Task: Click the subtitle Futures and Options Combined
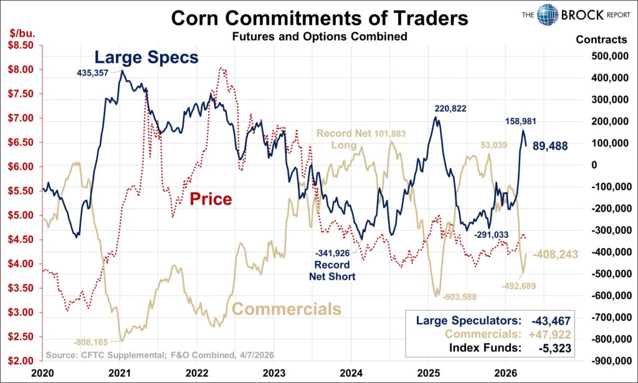[x=319, y=37]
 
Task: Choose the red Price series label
[x=211, y=199]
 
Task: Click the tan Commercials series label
[x=287, y=309]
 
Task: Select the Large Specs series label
[x=146, y=58]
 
